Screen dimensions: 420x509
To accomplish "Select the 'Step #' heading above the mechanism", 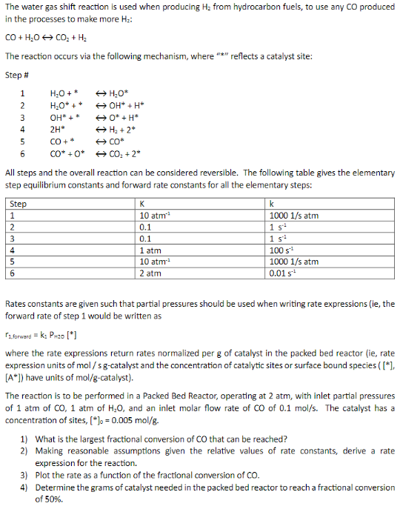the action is click(x=17, y=75).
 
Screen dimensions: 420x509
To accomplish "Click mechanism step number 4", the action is click(x=23, y=129).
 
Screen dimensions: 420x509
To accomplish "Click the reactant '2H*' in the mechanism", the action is click(x=57, y=129).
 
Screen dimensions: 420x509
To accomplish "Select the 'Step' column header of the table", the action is click(x=19, y=204).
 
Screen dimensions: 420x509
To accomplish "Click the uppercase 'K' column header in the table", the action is click(x=142, y=204).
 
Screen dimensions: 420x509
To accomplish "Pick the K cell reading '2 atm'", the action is click(x=150, y=273).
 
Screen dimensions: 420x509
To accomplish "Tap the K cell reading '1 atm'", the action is click(x=150, y=250).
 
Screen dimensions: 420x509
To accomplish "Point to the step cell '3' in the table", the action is click(x=13, y=239).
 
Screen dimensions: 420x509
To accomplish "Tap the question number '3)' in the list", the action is click(x=24, y=475).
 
